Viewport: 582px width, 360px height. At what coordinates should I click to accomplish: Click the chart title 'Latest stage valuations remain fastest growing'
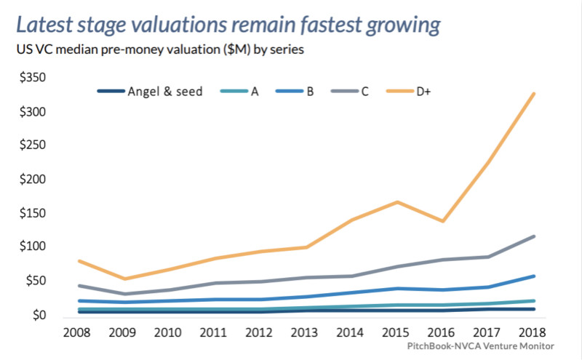point(228,25)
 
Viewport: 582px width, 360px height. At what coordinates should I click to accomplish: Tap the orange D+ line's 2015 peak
point(396,201)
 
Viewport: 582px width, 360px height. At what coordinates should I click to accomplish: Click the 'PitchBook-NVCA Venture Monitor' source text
point(481,346)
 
